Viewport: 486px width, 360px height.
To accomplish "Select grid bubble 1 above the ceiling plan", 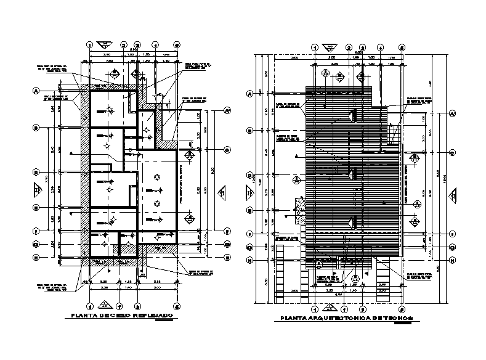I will [x=90, y=44].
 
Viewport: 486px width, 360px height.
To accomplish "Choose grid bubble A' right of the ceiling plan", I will [x=226, y=111].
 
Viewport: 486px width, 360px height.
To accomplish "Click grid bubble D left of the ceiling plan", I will [x=36, y=173].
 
